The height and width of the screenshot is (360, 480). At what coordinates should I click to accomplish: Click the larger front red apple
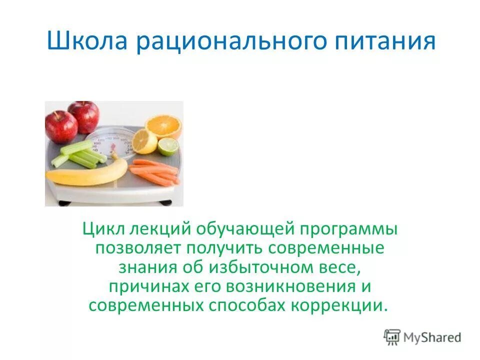(61, 126)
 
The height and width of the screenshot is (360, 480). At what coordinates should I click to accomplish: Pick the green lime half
(168, 146)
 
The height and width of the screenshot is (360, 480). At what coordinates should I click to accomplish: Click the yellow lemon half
(144, 141)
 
